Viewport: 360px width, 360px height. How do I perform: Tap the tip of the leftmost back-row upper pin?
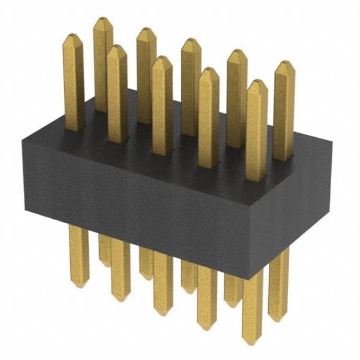(103, 21)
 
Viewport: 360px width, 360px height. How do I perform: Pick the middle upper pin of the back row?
(191, 85)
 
